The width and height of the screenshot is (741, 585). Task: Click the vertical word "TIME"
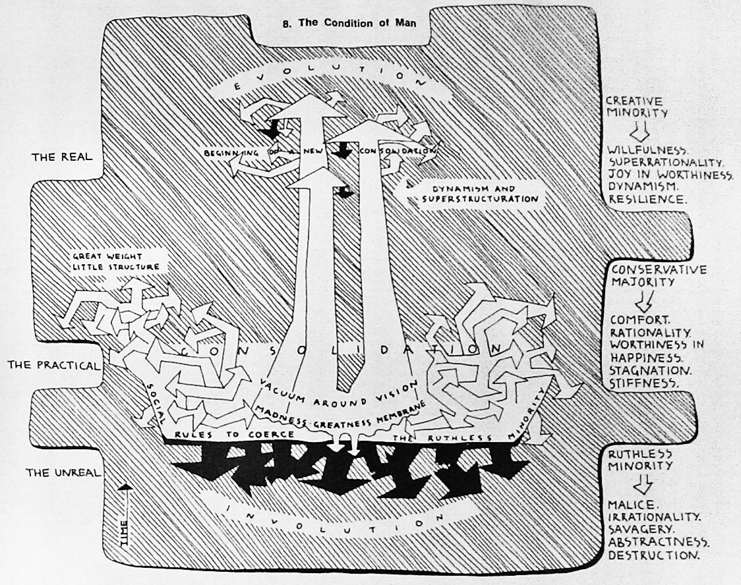125,526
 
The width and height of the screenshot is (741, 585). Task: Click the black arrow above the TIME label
125,491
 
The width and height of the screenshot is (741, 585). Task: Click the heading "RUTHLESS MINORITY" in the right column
640,459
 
